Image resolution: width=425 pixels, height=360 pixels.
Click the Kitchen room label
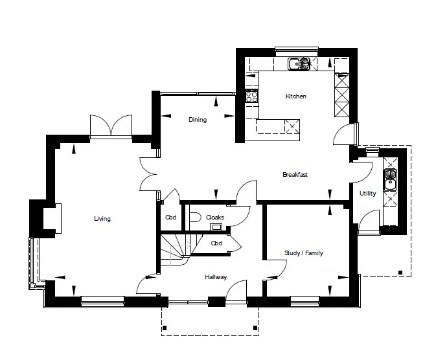pos(295,96)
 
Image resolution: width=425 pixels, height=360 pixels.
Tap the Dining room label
pos(198,120)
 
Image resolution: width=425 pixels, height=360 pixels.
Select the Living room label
pos(102,219)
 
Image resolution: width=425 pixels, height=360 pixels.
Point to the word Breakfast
pos(295,175)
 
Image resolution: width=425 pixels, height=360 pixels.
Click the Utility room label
pos(367,194)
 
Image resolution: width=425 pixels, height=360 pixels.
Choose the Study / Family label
pos(304,253)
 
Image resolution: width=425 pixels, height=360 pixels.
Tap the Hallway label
pos(216,277)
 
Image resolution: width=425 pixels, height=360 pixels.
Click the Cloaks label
pos(215,218)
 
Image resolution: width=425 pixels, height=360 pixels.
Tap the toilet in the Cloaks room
pos(195,218)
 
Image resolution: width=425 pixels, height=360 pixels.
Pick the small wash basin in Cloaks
pos(216,227)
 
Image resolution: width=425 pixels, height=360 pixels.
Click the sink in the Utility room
pos(390,180)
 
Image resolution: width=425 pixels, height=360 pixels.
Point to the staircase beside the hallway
pos(179,249)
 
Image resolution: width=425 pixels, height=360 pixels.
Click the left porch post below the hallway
pos(165,328)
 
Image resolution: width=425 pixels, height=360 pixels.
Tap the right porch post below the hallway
pos(255,328)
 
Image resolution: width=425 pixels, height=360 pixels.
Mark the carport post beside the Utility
pos(400,273)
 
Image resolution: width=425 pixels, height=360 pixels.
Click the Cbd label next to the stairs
pos(216,243)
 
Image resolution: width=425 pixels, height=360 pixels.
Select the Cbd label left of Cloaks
pos(171,218)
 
